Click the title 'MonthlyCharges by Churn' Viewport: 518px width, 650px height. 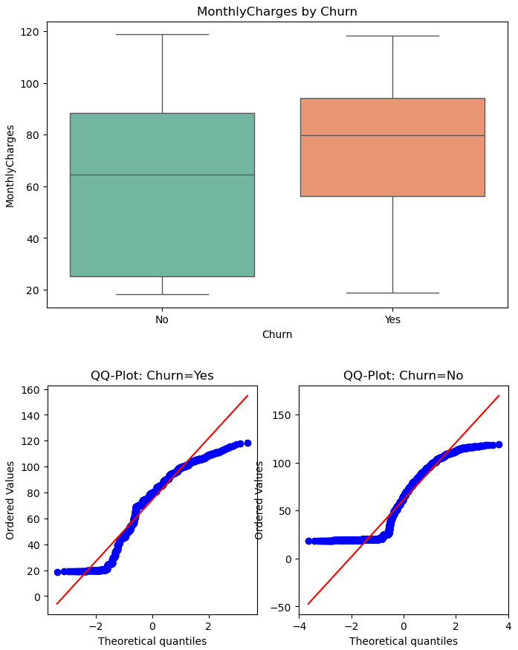(276, 12)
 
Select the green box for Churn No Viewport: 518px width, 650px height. (162, 223)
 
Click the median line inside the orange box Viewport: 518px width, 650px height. (392, 135)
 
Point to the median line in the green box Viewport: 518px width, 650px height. (162, 175)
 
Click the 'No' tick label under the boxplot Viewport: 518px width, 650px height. (162, 320)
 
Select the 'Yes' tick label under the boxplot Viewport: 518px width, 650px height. (392, 320)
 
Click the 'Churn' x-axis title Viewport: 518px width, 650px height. (276, 335)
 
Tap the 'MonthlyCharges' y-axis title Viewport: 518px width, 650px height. (10, 166)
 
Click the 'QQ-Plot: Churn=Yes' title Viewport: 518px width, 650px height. (152, 376)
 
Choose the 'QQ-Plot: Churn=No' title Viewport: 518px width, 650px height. (403, 376)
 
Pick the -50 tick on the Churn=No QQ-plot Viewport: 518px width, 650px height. (283, 607)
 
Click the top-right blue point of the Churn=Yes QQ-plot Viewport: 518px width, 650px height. (247, 443)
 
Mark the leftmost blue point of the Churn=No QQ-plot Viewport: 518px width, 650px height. (309, 541)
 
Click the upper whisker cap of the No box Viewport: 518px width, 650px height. (162, 34)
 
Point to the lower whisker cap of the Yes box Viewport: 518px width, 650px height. (392, 293)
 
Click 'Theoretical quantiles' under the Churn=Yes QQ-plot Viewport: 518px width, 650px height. (152, 641)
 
